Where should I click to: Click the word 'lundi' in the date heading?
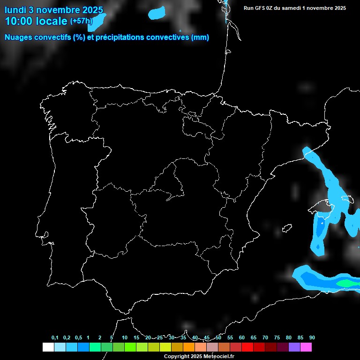(15, 10)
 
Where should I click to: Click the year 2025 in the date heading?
(92, 10)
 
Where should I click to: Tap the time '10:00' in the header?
(20, 21)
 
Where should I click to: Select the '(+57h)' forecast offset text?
(82, 21)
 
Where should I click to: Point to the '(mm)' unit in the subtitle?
(200, 37)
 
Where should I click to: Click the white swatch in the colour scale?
(48, 347)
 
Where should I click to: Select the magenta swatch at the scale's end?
(306, 347)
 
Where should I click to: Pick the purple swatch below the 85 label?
(294, 347)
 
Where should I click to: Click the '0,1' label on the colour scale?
(55, 338)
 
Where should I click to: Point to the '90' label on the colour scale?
(312, 338)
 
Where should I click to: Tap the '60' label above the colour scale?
(242, 338)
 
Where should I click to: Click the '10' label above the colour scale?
(125, 338)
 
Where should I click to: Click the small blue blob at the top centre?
(157, 13)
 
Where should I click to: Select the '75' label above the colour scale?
(277, 338)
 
